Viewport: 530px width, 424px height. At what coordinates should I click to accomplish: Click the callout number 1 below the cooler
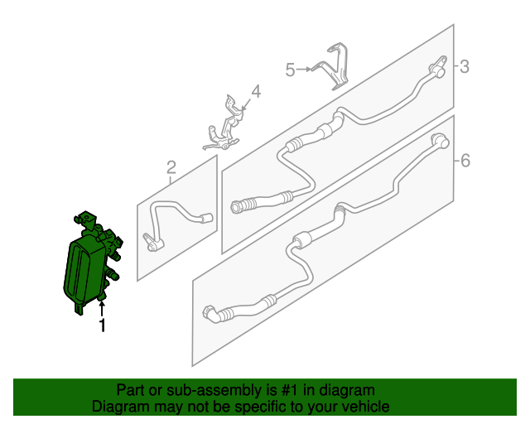[x=102, y=325]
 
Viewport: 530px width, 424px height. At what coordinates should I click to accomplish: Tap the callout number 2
[x=171, y=167]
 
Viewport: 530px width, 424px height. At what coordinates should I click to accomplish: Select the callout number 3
[x=465, y=66]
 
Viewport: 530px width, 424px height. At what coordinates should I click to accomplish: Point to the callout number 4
[x=256, y=91]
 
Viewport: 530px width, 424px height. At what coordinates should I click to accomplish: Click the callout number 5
[x=290, y=70]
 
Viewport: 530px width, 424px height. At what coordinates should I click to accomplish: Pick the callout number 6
[x=465, y=161]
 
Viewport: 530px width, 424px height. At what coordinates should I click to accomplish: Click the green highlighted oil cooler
[x=91, y=263]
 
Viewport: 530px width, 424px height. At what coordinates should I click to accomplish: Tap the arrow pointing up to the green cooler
[x=102, y=309]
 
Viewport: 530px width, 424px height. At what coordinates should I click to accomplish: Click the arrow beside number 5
[x=304, y=70]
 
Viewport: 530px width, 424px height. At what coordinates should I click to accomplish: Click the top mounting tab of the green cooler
[x=85, y=219]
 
